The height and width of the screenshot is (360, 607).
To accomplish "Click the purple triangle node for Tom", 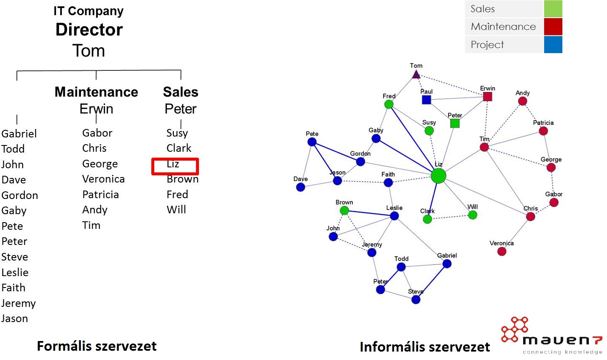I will [416, 75].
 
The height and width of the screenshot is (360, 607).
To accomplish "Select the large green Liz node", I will [438, 176].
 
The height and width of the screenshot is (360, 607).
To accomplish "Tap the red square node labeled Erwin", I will [487, 97].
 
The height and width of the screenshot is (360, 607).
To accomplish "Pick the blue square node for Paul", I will [426, 99].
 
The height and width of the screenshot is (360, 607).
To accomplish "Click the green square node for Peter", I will [454, 123].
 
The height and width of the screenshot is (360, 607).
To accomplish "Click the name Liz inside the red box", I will [173, 164].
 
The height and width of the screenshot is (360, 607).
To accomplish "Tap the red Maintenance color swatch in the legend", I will [553, 27].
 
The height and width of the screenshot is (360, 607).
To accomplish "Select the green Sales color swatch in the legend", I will [553, 9].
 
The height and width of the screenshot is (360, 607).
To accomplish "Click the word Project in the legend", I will [487, 45].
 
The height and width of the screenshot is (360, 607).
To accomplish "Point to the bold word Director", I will [89, 30].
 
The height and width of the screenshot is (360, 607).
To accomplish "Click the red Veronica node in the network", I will [502, 251].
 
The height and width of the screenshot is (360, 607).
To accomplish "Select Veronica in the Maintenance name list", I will [103, 179].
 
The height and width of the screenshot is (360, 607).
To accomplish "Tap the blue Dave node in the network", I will [301, 187].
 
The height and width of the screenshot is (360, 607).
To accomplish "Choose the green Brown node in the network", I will [344, 210].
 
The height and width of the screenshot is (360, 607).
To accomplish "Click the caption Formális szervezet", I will [97, 346].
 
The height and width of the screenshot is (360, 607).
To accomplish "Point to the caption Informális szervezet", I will [424, 347].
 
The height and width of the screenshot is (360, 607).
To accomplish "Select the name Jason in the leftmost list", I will [15, 319].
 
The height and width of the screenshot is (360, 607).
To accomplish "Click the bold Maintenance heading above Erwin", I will [96, 92].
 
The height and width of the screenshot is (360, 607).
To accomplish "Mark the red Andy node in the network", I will [522, 101].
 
